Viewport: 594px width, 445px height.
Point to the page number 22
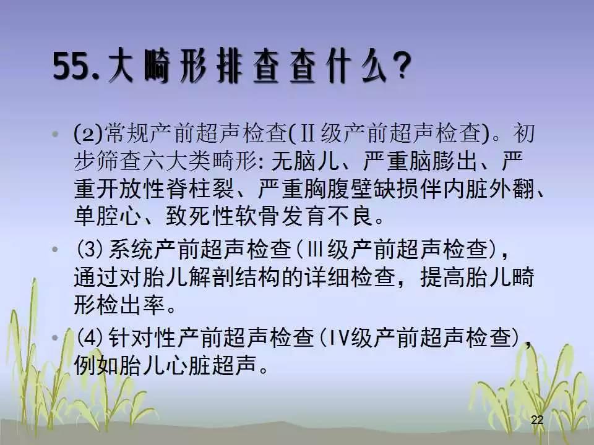537,420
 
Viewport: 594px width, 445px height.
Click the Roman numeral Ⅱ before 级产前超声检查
307,133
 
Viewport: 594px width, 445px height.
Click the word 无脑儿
305,161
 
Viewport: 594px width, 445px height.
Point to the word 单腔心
108,217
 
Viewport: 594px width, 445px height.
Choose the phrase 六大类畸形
200,161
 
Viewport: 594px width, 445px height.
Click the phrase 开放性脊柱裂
165,189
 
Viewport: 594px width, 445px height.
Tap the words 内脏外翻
489,189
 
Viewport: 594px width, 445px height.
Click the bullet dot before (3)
55,249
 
